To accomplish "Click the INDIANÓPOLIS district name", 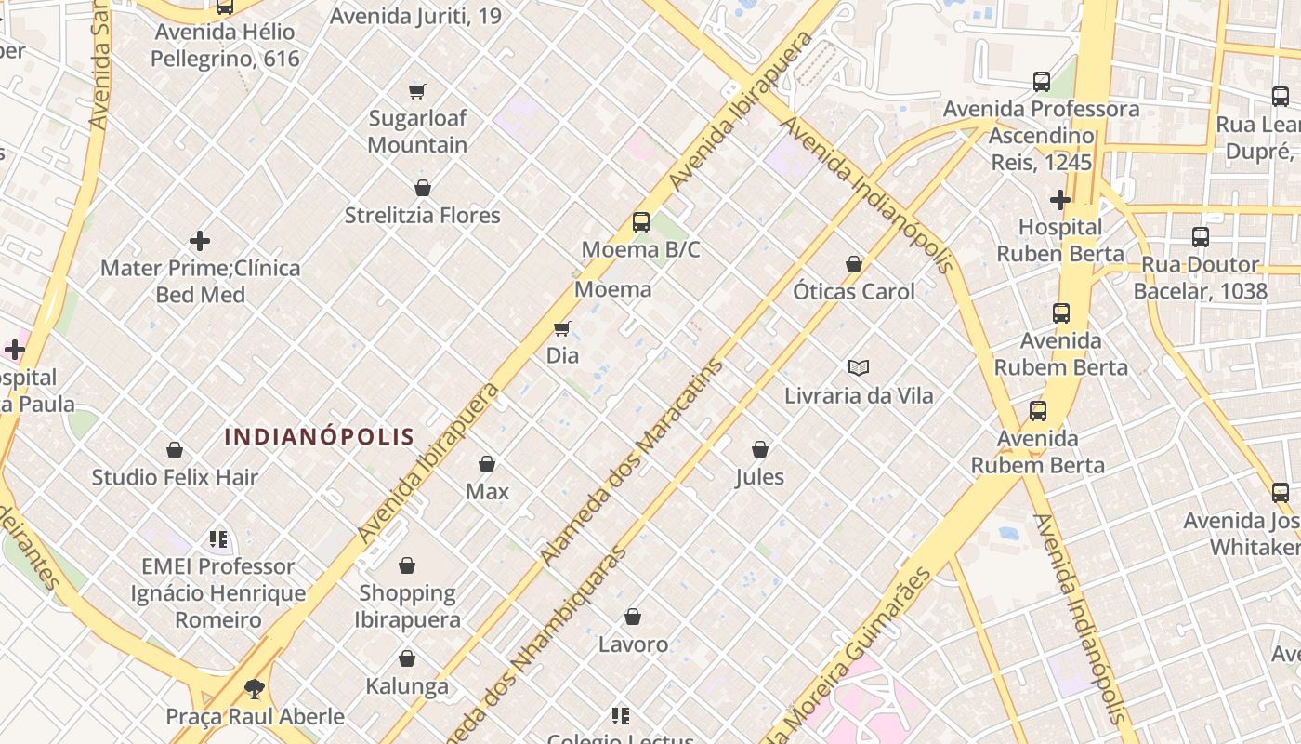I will (320, 436).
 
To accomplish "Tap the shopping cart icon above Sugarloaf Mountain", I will (417, 91).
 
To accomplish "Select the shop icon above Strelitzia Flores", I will (423, 188).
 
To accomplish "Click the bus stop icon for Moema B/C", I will (641, 222).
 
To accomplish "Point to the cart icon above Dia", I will (562, 328).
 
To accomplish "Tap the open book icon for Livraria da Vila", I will (859, 368).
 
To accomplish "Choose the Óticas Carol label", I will (854, 291).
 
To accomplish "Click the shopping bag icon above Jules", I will (760, 450).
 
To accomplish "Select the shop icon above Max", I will (487, 464).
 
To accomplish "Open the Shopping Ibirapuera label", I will (407, 605).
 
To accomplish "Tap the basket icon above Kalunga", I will (407, 659).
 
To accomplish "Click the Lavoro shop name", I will (633, 644).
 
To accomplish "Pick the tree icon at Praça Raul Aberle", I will (255, 689).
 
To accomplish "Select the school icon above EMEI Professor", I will (218, 539).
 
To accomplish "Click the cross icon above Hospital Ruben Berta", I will (1060, 200).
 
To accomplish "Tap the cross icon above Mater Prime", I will (200, 242).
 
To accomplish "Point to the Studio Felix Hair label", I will (175, 477).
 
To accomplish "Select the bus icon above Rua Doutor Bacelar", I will (1201, 237).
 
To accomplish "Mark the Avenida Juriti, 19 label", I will (415, 16).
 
